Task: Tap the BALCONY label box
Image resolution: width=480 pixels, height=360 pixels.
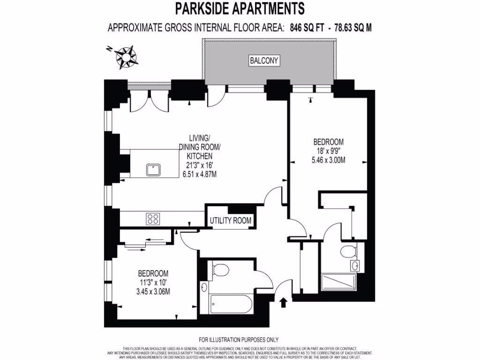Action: [x=264, y=60]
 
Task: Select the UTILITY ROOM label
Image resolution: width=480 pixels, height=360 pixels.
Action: [x=230, y=220]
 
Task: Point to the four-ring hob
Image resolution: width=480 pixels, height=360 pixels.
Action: [x=153, y=218]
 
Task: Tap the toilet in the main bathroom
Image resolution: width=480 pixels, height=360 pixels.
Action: [x=219, y=270]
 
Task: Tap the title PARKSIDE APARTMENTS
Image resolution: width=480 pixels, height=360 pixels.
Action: [x=240, y=8]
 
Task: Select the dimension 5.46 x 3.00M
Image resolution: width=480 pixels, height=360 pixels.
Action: [x=328, y=160]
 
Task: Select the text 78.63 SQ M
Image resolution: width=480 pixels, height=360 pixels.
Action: [x=352, y=28]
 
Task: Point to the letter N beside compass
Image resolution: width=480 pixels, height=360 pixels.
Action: [x=108, y=48]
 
